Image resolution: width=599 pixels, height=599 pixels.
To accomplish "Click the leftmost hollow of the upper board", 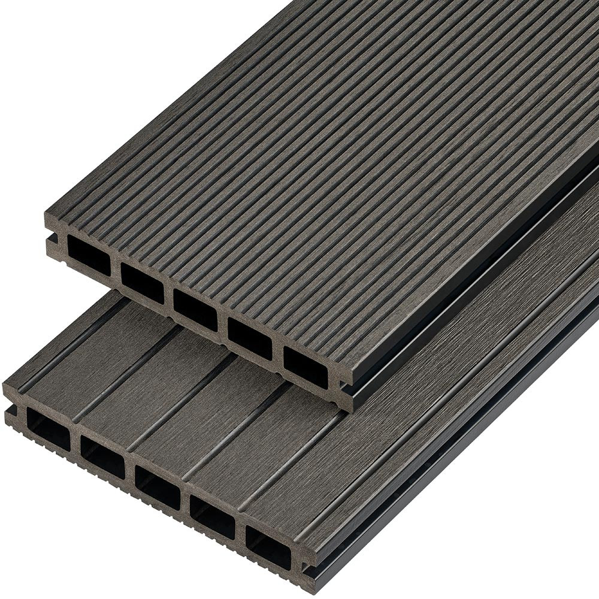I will (89, 255).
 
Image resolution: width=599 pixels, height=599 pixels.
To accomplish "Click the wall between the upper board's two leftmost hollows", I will (115, 268).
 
